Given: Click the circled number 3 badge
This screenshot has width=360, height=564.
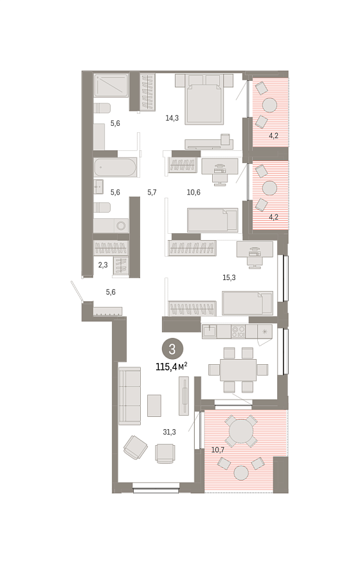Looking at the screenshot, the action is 172,349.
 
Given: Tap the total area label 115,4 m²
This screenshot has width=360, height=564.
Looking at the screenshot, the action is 172,367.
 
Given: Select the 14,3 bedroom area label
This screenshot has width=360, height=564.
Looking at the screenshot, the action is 172,118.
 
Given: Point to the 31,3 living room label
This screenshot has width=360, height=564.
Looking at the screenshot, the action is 169,432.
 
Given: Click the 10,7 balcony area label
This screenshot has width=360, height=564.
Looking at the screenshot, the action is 218,450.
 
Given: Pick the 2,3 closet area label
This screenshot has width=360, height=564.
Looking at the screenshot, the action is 103,265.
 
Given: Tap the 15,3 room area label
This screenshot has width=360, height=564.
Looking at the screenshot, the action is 229,278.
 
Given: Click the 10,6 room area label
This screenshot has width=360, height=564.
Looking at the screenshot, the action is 194,192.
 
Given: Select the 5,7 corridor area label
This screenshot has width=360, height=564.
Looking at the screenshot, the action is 152,192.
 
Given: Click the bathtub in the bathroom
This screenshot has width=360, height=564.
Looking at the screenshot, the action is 115,167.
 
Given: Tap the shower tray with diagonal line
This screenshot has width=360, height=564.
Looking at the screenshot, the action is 111,85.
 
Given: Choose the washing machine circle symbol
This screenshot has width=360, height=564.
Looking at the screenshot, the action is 122,226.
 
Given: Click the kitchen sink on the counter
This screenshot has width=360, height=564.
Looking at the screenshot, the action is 209,331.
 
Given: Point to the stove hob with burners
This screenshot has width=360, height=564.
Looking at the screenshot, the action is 238,331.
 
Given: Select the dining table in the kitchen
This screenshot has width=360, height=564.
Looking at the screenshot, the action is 239,370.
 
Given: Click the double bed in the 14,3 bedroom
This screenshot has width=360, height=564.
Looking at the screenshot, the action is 204,99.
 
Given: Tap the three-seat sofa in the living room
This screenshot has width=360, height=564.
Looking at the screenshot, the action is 130,396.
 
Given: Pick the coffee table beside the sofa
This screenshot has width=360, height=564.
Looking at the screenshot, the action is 154,405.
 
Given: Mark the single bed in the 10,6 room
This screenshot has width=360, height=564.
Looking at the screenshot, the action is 213,220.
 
